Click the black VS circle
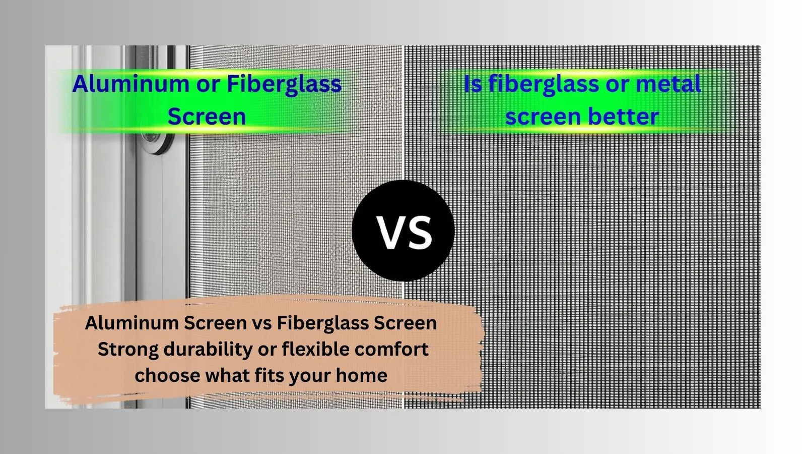click(403, 231)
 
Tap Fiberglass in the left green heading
click(284, 84)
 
